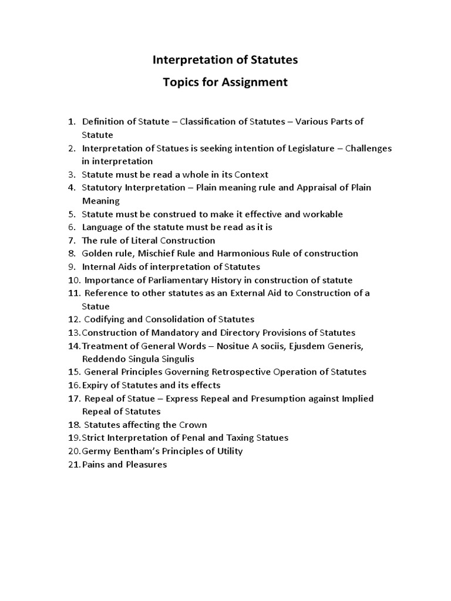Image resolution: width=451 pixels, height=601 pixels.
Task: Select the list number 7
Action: (x=72, y=240)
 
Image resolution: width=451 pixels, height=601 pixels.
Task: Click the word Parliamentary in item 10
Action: (x=163, y=280)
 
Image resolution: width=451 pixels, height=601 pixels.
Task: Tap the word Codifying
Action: (x=104, y=319)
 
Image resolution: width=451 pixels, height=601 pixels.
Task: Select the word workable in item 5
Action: (x=322, y=214)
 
